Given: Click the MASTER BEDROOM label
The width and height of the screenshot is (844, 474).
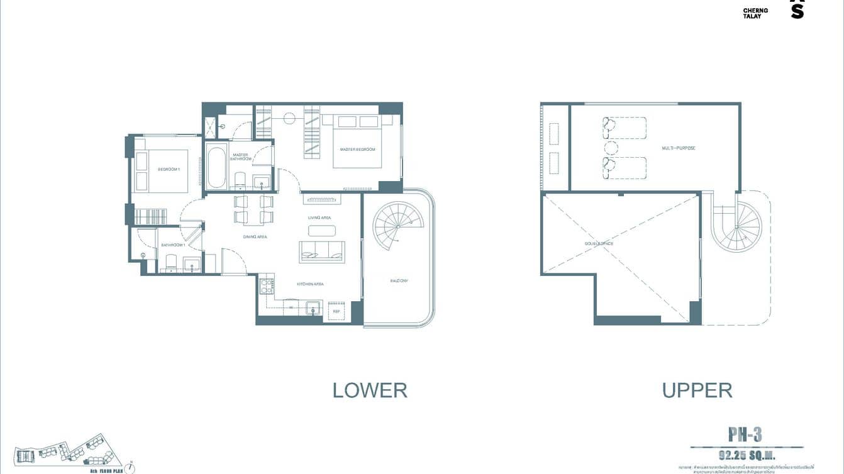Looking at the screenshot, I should pos(357,150).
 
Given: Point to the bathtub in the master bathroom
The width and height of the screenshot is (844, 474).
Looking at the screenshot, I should pos(216,167).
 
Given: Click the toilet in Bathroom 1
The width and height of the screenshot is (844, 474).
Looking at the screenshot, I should pos(170,262).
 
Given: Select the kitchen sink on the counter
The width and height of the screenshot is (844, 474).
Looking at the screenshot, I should pos(312,308).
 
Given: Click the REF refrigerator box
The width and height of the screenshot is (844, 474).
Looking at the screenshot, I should pos(336,311).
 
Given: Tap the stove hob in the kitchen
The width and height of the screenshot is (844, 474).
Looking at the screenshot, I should pos(266,287).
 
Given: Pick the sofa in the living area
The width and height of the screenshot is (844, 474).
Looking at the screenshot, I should pos(321,251).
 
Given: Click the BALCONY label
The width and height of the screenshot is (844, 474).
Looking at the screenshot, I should pos(399,280).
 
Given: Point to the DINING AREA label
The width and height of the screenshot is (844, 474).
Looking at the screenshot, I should pos(255,237).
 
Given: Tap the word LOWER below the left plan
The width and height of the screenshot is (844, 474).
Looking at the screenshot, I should pos(370,390).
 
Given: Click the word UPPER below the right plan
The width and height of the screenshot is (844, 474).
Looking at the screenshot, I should pos(697,390).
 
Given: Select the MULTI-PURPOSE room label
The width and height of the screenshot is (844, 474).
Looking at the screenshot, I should pos(679,148).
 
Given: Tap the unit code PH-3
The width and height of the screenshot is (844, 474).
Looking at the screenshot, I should pos(745,434).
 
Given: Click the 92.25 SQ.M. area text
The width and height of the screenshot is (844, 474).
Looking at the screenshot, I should pos(745,454).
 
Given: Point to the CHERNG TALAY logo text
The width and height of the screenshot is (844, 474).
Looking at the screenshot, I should pos(755,13).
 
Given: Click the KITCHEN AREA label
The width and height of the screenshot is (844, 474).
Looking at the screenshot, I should pos(310,284).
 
